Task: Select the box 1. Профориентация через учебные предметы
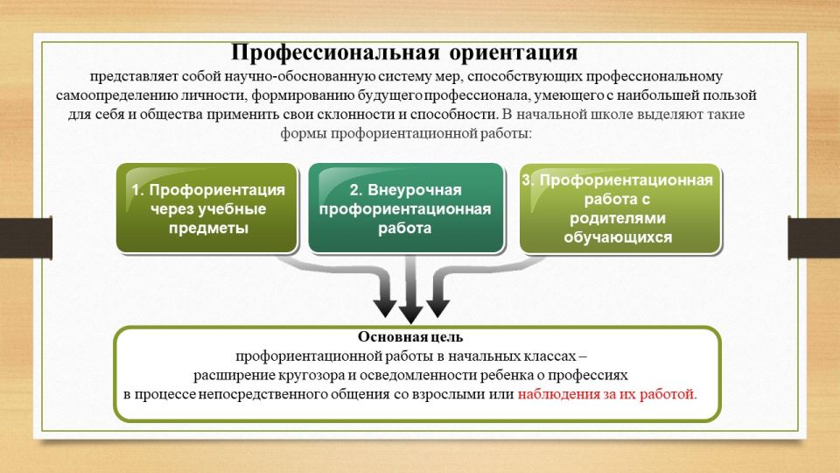click(x=207, y=208)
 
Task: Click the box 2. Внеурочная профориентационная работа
click(x=406, y=208)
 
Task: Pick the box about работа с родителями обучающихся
click(x=619, y=208)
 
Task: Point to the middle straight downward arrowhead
click(x=411, y=314)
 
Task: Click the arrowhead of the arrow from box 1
click(x=385, y=308)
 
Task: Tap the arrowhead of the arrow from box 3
click(x=437, y=308)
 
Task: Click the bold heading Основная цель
click(x=410, y=336)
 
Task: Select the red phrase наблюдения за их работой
click(x=605, y=394)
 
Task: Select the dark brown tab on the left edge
click(x=25, y=237)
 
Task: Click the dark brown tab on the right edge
click(x=814, y=237)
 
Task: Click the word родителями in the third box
click(x=618, y=218)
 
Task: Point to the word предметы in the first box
click(x=208, y=228)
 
